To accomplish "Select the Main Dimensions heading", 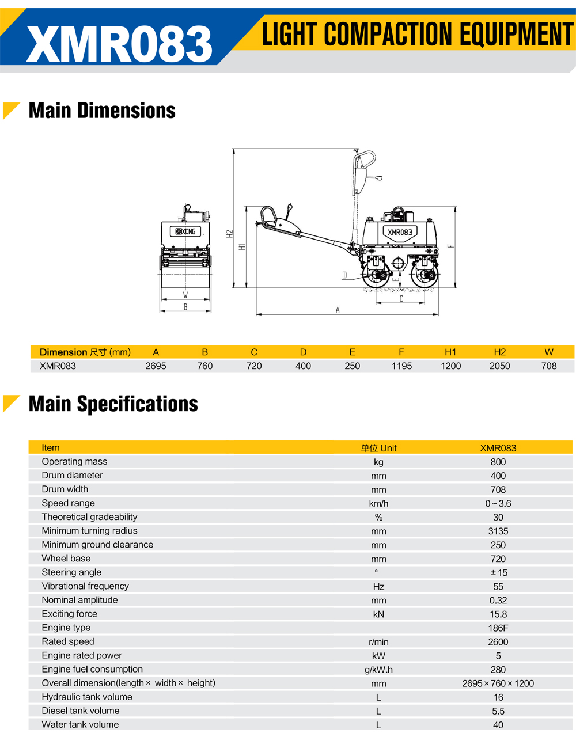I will coord(102,111).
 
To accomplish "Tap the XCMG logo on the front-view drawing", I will coord(185,231).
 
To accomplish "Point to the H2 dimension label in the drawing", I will coord(230,234).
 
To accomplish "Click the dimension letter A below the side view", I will coord(338,310).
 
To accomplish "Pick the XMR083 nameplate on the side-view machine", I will coord(400,232).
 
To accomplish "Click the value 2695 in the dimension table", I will coord(156,366).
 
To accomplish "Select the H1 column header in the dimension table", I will coord(450,352).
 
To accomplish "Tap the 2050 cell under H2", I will coord(499,366).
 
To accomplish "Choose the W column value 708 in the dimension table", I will coord(549,366).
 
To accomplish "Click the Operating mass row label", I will coord(74,462).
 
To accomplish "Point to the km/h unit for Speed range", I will coord(378,504).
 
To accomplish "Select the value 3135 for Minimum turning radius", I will coord(498,531).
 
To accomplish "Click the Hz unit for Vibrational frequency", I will coord(378,587).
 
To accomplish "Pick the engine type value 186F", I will coord(498,628).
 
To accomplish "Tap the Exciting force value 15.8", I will coord(498,614).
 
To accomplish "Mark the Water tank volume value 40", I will coord(498,725).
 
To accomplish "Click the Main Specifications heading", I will coord(113,404).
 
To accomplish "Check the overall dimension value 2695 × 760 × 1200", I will coord(498,684).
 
